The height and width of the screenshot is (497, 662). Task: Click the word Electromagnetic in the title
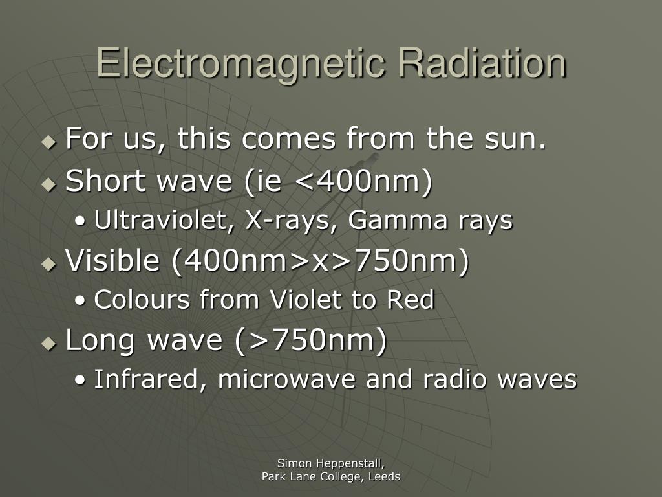click(240, 63)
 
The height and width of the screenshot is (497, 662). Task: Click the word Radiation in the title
click(482, 63)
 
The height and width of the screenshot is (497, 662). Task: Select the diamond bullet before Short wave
click(49, 184)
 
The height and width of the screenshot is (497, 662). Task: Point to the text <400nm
click(358, 181)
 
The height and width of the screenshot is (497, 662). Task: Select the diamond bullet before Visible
click(49, 264)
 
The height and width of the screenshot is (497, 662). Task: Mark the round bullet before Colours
click(80, 300)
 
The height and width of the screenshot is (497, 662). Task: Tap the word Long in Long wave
click(100, 340)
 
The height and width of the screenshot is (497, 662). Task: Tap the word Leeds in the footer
click(384, 477)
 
